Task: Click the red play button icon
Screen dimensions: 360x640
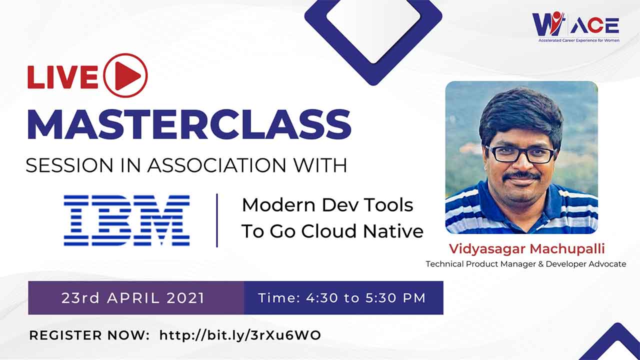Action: point(125,75)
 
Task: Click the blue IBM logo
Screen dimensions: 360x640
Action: point(126,220)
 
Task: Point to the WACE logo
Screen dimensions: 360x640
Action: point(575,24)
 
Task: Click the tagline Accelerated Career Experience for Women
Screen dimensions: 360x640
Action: point(578,39)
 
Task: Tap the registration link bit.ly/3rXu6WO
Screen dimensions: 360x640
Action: point(240,335)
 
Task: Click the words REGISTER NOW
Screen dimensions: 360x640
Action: point(89,335)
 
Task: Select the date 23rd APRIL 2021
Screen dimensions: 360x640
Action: point(133,298)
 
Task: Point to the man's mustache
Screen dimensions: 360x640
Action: point(521,176)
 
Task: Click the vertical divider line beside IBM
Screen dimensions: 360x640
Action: point(217,220)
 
